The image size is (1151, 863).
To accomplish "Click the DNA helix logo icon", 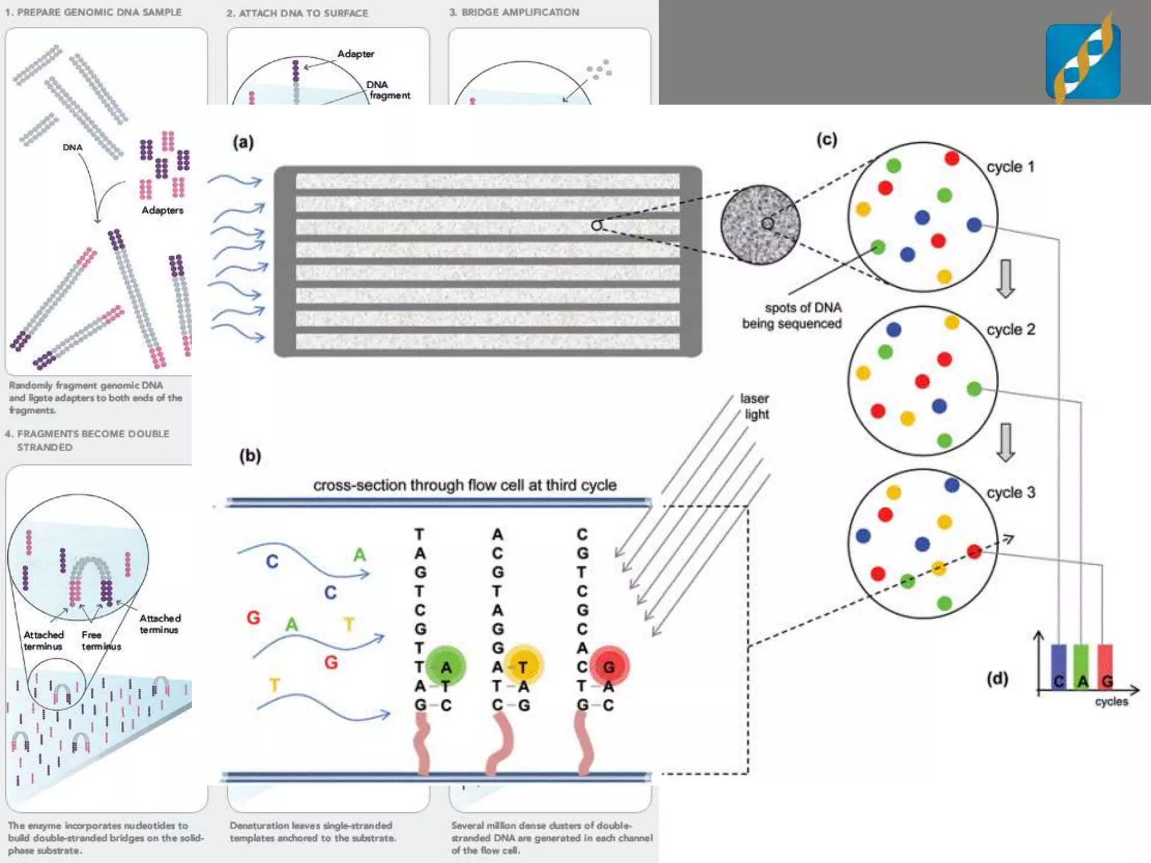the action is click(x=1082, y=60).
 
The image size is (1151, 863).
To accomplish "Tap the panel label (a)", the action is click(x=243, y=142).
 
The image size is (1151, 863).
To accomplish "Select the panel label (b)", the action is click(x=250, y=455).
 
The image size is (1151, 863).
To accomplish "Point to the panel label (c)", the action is click(x=826, y=139).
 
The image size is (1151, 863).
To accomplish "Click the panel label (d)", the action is click(x=998, y=679).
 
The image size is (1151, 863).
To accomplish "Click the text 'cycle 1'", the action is click(x=1010, y=167).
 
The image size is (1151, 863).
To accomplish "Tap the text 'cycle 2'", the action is click(x=1010, y=329).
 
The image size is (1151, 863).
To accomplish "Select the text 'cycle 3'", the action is click(x=1010, y=492).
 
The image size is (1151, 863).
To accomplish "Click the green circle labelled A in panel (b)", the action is click(x=446, y=666).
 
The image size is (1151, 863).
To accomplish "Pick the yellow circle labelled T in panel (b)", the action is click(x=523, y=666).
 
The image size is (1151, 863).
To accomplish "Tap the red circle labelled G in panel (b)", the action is click(x=609, y=666).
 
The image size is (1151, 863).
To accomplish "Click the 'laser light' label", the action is click(x=755, y=406).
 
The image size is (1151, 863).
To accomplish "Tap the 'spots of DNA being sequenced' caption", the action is click(x=792, y=315).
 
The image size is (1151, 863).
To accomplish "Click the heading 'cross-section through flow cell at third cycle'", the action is click(x=465, y=485).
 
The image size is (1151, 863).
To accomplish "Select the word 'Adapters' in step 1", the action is click(x=162, y=210).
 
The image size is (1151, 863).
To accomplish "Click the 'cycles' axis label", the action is click(x=1111, y=702).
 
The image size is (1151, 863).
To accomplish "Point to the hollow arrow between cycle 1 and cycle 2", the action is click(x=1005, y=279).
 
